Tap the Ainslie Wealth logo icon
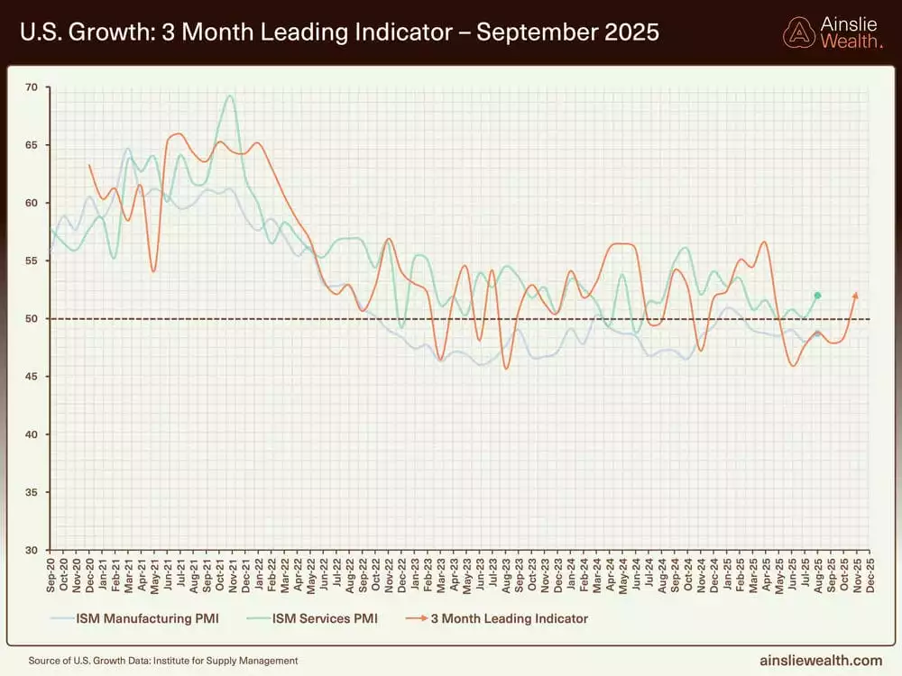point(798,33)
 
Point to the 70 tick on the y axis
point(32,87)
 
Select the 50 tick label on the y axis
point(32,319)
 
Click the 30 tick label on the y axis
point(32,550)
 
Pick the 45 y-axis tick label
point(32,377)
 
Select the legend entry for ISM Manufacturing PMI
point(134,618)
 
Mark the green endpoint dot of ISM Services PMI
point(817,296)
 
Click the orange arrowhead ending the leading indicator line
point(856,294)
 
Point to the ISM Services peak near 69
point(230,96)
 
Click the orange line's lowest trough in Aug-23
point(506,368)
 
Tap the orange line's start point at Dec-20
point(89,165)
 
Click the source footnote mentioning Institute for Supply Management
point(163,661)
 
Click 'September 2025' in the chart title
point(568,33)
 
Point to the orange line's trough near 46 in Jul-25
point(793,365)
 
